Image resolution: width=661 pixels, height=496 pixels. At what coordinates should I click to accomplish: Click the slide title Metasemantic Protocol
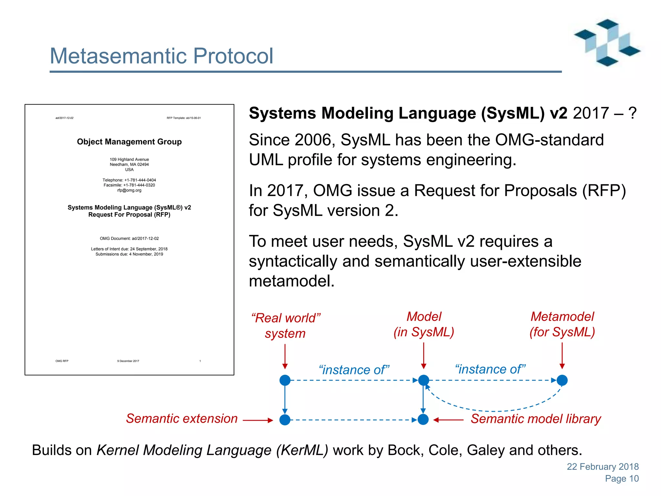pyautogui.click(x=161, y=56)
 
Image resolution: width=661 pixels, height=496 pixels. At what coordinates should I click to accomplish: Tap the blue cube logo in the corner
pyautogui.click(x=607, y=43)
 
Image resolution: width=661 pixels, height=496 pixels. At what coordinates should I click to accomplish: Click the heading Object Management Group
pyautogui.click(x=129, y=142)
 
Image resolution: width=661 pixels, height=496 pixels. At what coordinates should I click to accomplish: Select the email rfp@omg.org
pyautogui.click(x=129, y=190)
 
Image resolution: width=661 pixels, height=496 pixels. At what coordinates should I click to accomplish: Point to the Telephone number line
pyautogui.click(x=129, y=180)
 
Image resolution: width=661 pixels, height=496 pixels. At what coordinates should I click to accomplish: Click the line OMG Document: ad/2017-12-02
pyautogui.click(x=129, y=238)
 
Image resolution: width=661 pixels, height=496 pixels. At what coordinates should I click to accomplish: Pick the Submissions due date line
pyautogui.click(x=129, y=254)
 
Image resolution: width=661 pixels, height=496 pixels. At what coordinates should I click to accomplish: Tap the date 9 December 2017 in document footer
pyautogui.click(x=128, y=361)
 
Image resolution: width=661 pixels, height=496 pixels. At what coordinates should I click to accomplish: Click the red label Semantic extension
pyautogui.click(x=182, y=418)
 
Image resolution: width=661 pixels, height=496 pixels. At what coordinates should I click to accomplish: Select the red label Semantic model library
pyautogui.click(x=536, y=419)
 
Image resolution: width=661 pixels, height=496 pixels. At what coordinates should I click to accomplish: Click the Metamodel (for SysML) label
pyautogui.click(x=562, y=324)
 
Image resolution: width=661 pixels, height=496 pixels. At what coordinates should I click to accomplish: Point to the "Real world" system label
pyautogui.click(x=285, y=325)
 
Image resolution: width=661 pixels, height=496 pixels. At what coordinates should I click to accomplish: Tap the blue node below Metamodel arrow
pyautogui.click(x=562, y=380)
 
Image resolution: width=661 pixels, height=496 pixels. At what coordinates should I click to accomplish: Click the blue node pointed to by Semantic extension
pyautogui.click(x=285, y=420)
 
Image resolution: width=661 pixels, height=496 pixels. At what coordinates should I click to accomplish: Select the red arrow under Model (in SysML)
pyautogui.click(x=423, y=355)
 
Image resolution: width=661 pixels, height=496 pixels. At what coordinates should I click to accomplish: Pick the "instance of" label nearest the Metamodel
pyautogui.click(x=490, y=369)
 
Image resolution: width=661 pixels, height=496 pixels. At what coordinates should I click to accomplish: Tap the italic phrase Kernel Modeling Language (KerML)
pyautogui.click(x=212, y=450)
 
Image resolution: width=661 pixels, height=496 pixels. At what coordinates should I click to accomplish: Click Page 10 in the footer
pyautogui.click(x=622, y=479)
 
